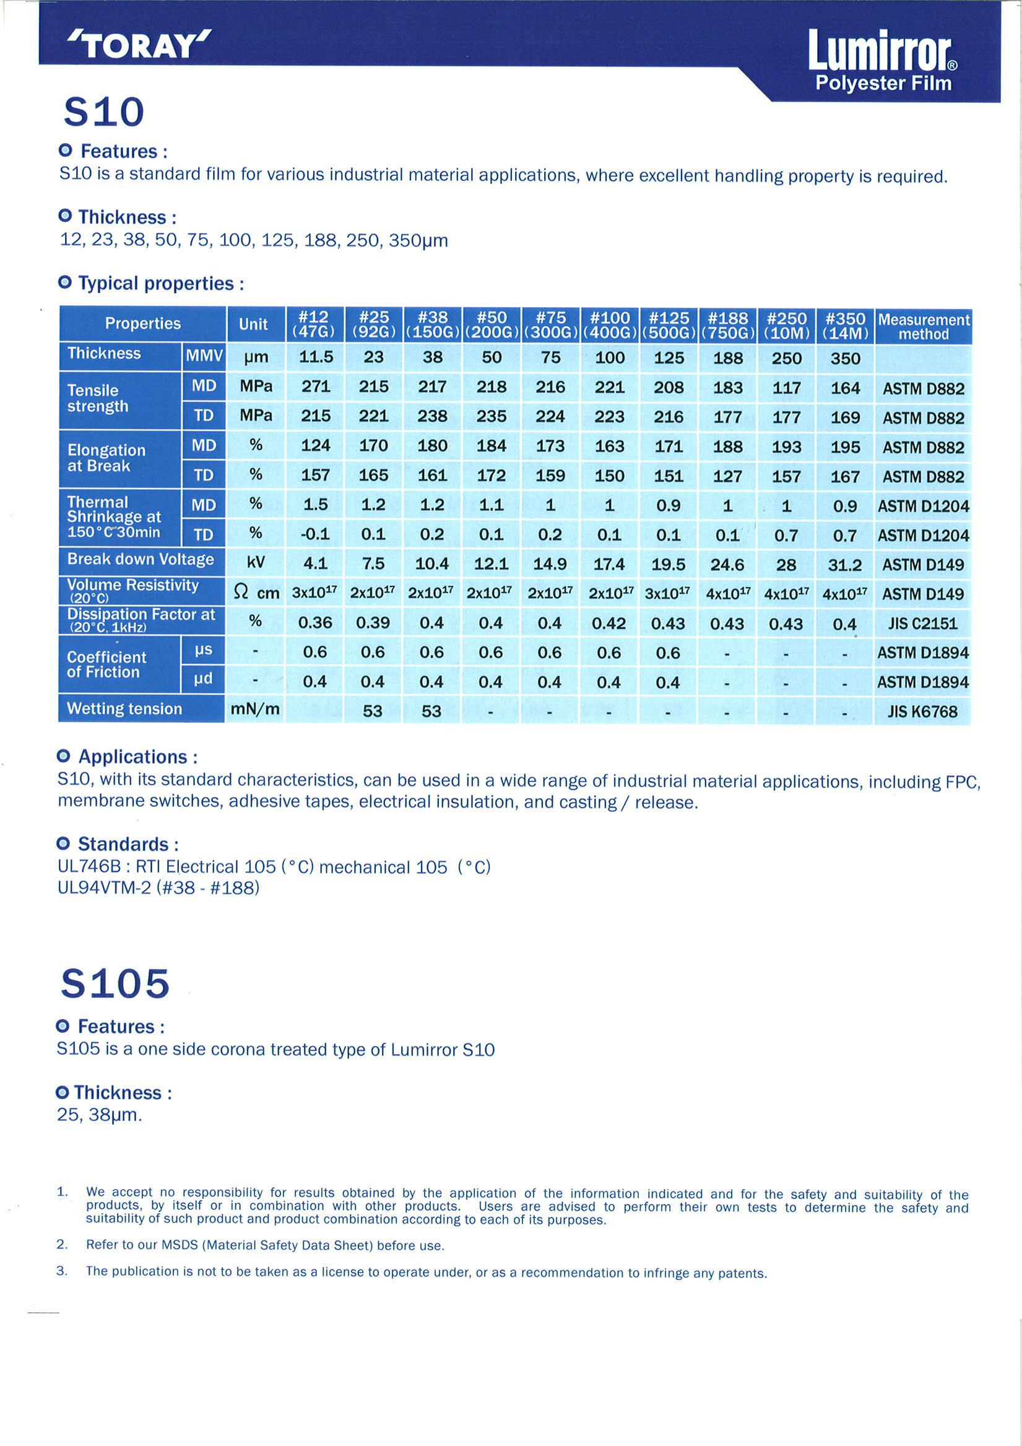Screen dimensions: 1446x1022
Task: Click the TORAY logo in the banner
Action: pyautogui.click(x=139, y=45)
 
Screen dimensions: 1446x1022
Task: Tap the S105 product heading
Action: pyautogui.click(x=115, y=983)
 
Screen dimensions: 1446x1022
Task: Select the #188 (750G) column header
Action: pyautogui.click(x=728, y=325)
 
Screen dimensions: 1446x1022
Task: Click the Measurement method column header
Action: pyautogui.click(x=923, y=326)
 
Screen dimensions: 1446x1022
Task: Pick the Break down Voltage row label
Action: pyautogui.click(x=141, y=559)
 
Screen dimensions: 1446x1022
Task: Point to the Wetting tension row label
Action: pyautogui.click(x=124, y=708)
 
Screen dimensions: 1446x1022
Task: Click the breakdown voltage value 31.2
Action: pyautogui.click(x=844, y=565)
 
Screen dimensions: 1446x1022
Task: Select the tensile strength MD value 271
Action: pyautogui.click(x=316, y=386)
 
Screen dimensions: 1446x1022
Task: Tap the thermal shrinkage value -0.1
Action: pyautogui.click(x=315, y=534)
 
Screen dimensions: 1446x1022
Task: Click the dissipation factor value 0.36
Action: pyautogui.click(x=315, y=623)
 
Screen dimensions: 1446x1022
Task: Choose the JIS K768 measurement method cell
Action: pyautogui.click(x=922, y=712)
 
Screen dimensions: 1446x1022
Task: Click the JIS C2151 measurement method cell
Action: pyautogui.click(x=922, y=624)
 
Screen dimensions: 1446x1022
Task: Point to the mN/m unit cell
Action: pyautogui.click(x=255, y=709)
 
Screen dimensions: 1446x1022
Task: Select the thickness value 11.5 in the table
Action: pyautogui.click(x=316, y=357)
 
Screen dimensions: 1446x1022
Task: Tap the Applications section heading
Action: pyautogui.click(x=137, y=756)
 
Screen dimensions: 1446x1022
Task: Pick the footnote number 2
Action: pyautogui.click(x=62, y=1245)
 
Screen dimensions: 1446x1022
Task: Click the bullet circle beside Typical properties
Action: pyautogui.click(x=64, y=283)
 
